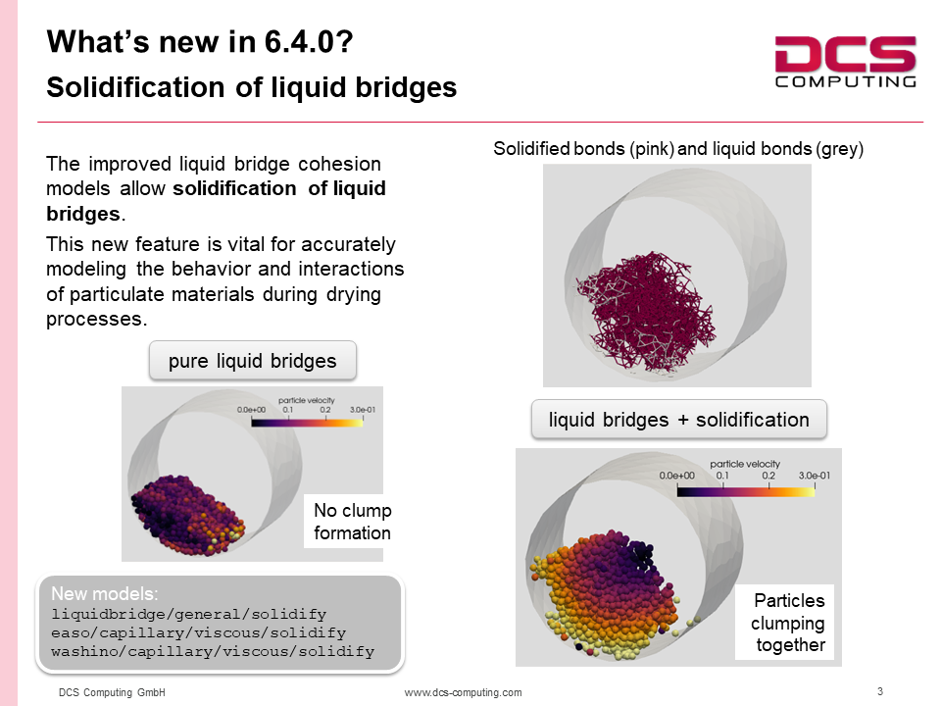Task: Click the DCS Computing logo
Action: [846, 62]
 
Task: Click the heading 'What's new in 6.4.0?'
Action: [200, 42]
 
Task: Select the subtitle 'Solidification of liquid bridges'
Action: [252, 87]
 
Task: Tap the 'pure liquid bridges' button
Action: [253, 361]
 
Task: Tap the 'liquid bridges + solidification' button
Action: [678, 420]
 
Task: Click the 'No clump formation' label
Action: [352, 521]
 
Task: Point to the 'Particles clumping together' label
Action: [787, 623]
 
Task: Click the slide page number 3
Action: [880, 691]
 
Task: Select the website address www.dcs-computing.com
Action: [463, 692]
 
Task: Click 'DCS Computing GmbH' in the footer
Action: [112, 692]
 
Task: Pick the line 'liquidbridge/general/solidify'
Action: [189, 614]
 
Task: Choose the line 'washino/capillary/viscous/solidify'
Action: [213, 651]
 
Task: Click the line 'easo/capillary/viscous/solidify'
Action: [199, 632]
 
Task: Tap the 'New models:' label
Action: [105, 594]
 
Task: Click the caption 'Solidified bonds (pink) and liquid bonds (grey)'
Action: [678, 148]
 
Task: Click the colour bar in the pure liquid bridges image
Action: [307, 423]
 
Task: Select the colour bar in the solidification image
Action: [746, 491]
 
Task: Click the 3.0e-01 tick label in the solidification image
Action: [815, 476]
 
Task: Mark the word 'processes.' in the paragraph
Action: [97, 319]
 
